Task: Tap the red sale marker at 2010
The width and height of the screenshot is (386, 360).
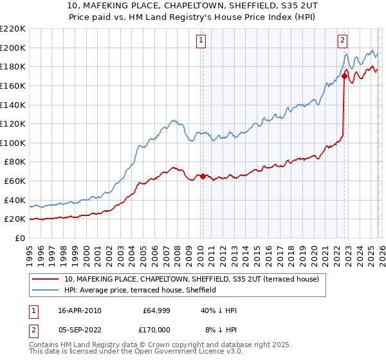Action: [x=203, y=176]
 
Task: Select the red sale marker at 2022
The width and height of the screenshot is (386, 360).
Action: [x=345, y=76]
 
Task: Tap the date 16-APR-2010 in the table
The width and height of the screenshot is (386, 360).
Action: [x=80, y=310]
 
